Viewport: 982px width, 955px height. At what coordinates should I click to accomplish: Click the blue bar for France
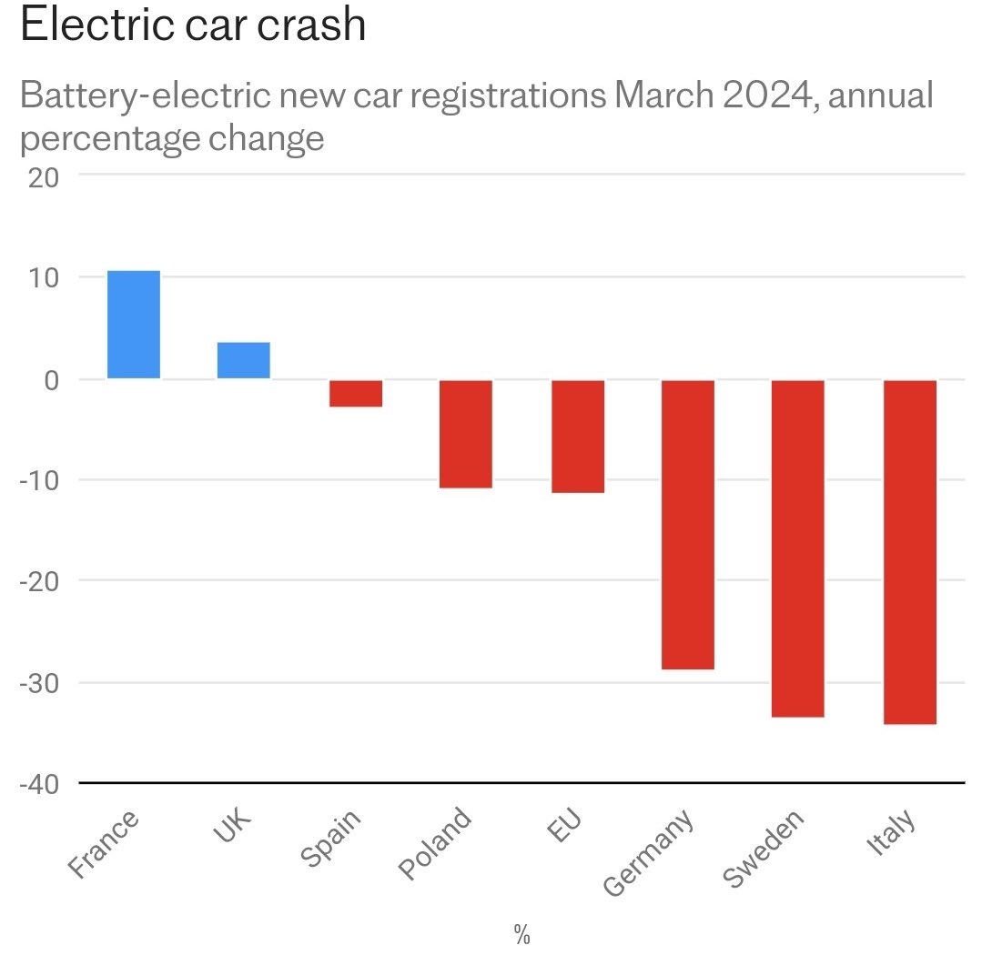pos(134,325)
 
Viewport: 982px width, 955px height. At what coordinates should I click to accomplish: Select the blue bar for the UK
pos(244,360)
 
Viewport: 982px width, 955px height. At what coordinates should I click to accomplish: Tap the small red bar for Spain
pos(356,393)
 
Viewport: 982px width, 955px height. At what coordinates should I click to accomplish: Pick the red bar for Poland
pos(466,434)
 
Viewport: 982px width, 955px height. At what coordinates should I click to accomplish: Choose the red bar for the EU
pos(578,437)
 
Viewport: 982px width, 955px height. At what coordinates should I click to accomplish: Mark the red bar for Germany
pos(688,525)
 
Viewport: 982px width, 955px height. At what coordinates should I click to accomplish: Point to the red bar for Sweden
pos(798,548)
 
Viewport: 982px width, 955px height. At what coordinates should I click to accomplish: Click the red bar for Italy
pos(910,552)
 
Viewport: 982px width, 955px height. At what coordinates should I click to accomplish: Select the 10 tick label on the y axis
pos(41,277)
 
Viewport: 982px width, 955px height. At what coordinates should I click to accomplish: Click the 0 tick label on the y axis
pos(52,379)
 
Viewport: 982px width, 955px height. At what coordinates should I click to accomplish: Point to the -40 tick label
pos(39,784)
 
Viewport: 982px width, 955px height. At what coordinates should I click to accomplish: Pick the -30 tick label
pos(39,683)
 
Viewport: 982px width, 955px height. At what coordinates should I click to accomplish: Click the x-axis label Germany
pos(649,852)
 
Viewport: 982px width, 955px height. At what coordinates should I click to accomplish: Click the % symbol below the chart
pos(521,933)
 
